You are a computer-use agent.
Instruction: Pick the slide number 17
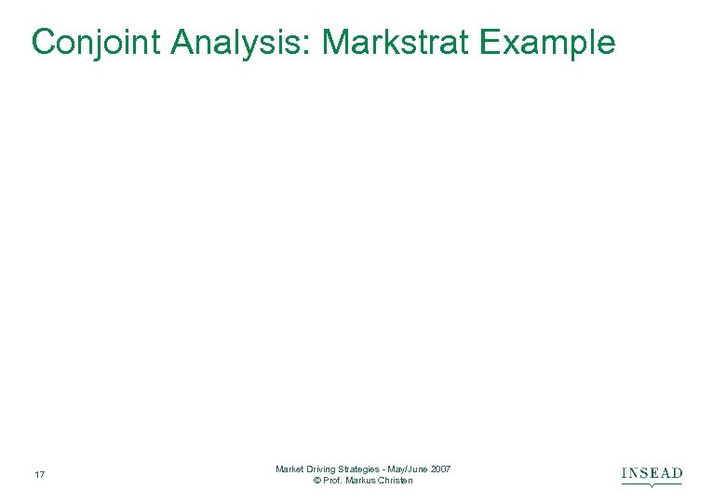point(39,475)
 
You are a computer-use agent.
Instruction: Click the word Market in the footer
point(289,469)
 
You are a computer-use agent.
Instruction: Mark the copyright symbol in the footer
point(318,481)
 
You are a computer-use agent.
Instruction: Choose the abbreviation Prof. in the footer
point(335,481)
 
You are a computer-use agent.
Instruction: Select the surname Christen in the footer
point(397,481)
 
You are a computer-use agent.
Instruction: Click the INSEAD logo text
point(652,474)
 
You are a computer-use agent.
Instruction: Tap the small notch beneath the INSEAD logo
point(652,484)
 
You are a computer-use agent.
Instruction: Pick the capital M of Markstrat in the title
point(337,43)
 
